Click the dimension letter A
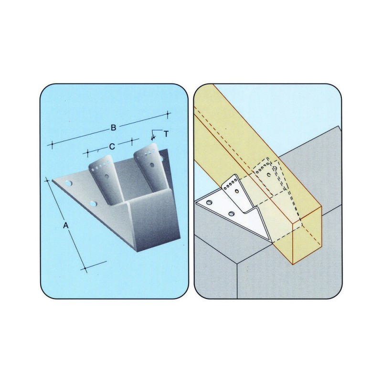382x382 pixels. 65,225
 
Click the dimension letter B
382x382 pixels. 113,127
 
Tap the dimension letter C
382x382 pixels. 112,147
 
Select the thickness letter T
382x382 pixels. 166,134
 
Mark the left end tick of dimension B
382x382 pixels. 52,145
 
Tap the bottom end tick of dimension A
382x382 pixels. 85,268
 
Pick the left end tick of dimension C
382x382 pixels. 88,153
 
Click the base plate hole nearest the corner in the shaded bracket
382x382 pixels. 68,183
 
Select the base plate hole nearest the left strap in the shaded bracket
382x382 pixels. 93,204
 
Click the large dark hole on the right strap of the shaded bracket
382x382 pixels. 152,165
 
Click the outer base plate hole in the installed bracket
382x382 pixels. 209,202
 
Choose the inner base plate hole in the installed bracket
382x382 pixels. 231,214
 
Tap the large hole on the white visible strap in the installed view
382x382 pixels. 237,191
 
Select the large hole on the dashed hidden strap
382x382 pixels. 269,174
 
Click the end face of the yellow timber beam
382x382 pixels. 307,235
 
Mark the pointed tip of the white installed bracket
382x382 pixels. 272,243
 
